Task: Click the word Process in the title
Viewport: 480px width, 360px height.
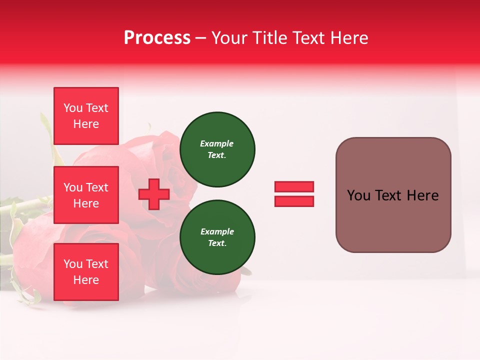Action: point(157,38)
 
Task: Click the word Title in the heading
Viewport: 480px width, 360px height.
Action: point(268,38)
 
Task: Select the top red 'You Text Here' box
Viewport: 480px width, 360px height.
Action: point(86,116)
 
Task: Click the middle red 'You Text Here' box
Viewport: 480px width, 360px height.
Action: point(86,195)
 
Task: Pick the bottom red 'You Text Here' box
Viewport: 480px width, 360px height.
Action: point(86,272)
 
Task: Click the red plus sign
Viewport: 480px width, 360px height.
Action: point(154,194)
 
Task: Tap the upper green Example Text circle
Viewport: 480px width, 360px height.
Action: point(217,149)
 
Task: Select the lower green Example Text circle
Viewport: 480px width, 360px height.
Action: point(217,237)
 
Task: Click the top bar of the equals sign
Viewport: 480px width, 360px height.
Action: point(294,187)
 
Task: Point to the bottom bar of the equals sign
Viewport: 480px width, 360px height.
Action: point(294,201)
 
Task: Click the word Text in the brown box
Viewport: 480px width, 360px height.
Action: point(389,195)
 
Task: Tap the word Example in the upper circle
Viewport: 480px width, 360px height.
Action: point(217,143)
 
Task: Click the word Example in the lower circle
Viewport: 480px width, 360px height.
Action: point(217,231)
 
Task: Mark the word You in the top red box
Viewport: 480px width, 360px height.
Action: point(73,108)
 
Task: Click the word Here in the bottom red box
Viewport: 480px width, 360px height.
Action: point(86,280)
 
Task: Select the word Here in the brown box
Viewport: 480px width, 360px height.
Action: point(423,195)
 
